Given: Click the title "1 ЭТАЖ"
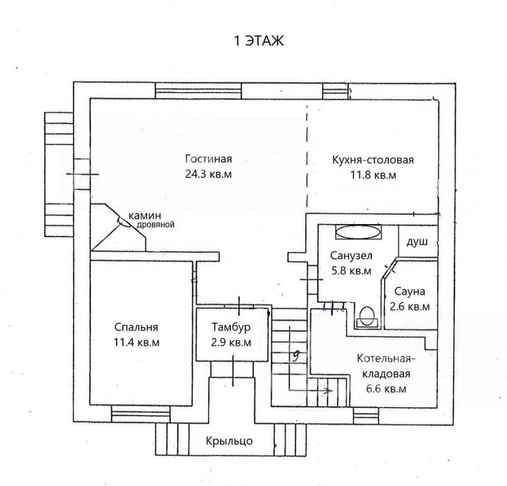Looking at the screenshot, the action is click(x=259, y=41).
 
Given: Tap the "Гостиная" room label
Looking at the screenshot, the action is click(x=209, y=159).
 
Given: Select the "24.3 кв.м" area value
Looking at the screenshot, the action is click(x=209, y=174).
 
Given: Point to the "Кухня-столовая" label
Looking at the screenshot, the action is click(x=373, y=160).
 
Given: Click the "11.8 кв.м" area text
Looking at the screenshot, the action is click(x=373, y=175).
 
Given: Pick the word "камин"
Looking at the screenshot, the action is click(x=145, y=216).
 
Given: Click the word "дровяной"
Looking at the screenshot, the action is click(x=155, y=224).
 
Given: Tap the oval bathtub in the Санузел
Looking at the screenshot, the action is click(x=358, y=232).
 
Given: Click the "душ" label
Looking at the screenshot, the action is click(x=417, y=241).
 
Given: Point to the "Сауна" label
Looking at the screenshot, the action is click(x=409, y=292).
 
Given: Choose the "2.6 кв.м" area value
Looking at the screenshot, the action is click(x=410, y=306).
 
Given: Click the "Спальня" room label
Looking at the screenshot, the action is click(x=136, y=327).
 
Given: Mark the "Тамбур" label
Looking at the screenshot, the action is click(x=231, y=327).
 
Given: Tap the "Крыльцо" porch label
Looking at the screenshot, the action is click(x=229, y=441).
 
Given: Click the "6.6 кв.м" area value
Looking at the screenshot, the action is click(x=386, y=389).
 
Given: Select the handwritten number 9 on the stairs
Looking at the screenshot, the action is click(x=295, y=356).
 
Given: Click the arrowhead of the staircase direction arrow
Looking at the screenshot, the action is click(x=330, y=391).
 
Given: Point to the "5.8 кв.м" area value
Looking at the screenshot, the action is click(x=352, y=270).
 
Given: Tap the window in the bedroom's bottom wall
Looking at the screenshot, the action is click(x=141, y=414).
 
